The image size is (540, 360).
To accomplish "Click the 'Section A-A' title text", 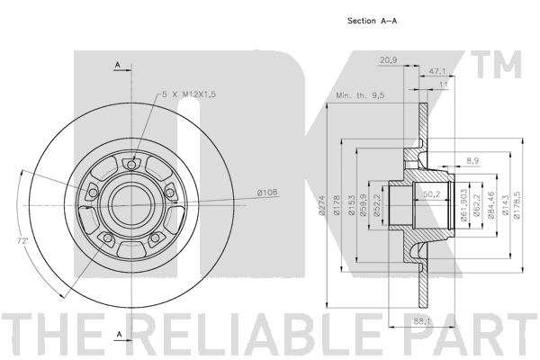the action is (x=372, y=21).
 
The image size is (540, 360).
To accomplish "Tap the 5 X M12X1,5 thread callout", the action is (x=189, y=94).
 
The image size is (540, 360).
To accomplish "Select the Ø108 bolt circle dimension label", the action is (x=267, y=193).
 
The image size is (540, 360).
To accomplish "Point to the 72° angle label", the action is (x=22, y=241).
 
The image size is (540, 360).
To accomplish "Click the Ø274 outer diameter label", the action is (x=322, y=206).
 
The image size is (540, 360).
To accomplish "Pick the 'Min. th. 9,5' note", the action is (x=360, y=95).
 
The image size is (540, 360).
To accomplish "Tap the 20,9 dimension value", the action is (x=389, y=60).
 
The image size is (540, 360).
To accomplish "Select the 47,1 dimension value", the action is (x=437, y=71).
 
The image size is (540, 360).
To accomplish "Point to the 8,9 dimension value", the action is (x=472, y=160).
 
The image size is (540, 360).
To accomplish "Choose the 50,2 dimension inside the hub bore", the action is (x=432, y=194).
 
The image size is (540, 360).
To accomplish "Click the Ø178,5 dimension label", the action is (x=517, y=205).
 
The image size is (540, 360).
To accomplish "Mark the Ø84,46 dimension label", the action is (x=490, y=205).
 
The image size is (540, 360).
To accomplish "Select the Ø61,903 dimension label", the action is (x=463, y=205).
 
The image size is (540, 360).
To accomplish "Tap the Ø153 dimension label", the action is (x=351, y=206).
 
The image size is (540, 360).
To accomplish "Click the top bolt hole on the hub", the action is (x=130, y=165).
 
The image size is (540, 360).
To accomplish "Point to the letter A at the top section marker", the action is (x=118, y=65).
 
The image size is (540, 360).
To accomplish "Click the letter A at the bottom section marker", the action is (x=119, y=334).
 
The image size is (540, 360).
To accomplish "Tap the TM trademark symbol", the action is (x=499, y=65).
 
